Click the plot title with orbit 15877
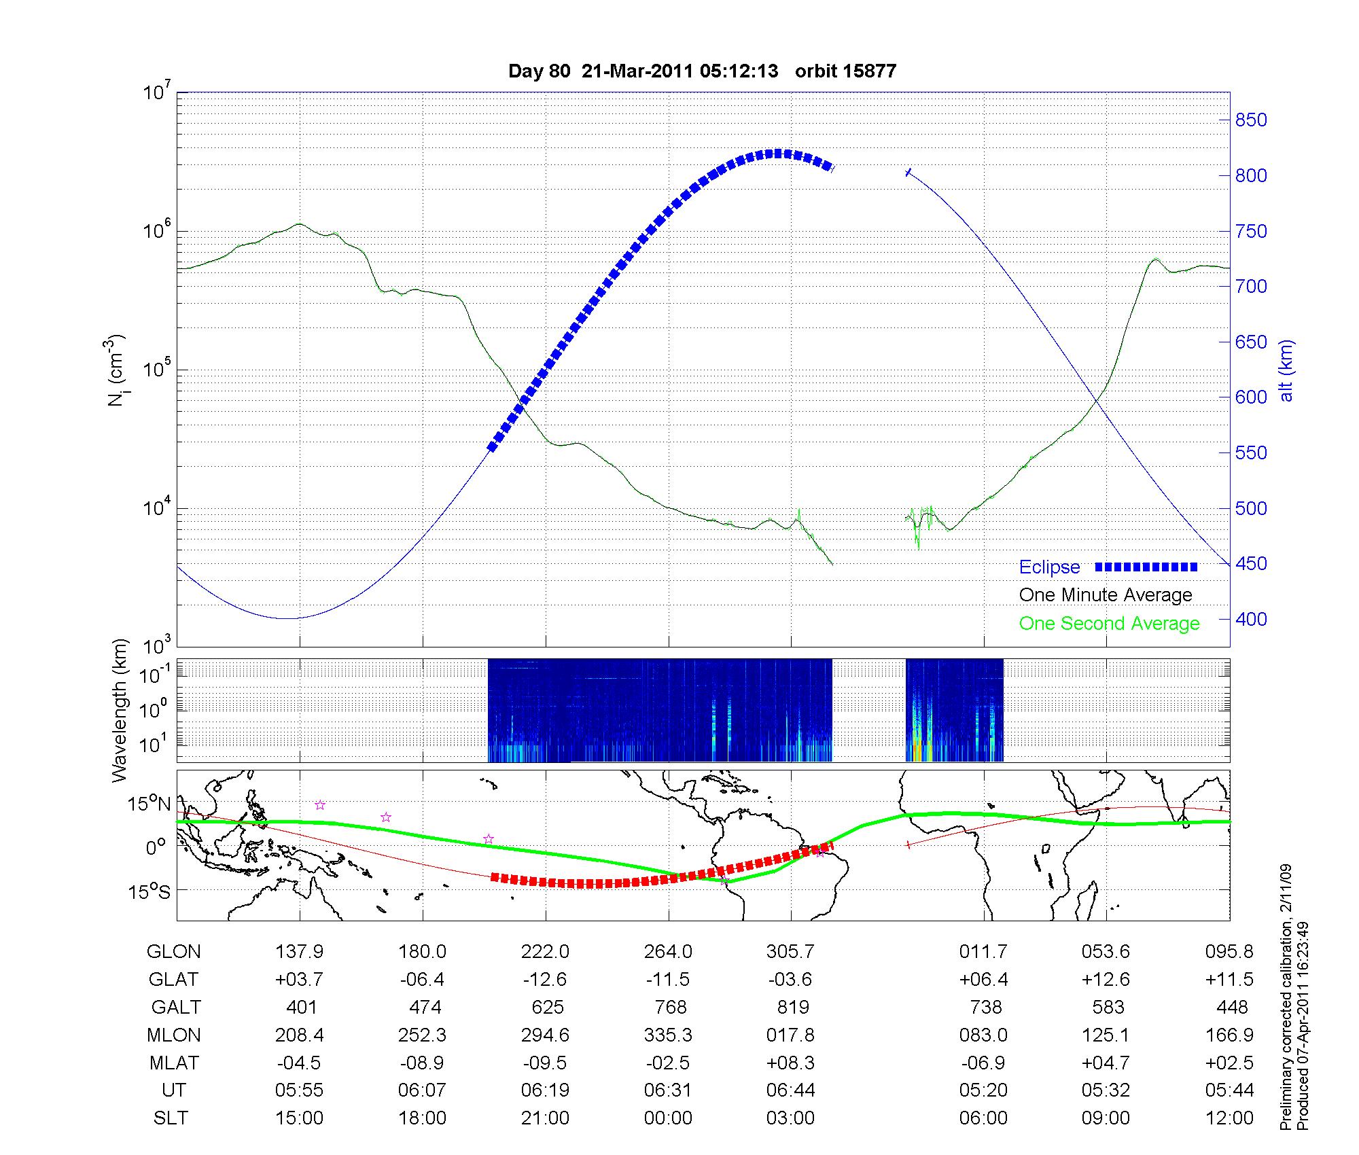coord(702,71)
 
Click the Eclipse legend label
coord(1049,567)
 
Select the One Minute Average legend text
coord(1106,595)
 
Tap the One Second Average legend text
coord(1109,624)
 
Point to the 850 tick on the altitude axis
coord(1251,120)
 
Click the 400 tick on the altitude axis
coord(1251,619)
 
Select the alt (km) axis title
coord(1286,370)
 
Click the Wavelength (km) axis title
coord(120,710)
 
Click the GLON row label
coord(174,951)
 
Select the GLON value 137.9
coord(299,951)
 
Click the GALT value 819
coord(792,1007)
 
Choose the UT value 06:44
coord(791,1090)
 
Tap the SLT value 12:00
coord(1230,1118)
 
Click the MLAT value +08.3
coord(791,1063)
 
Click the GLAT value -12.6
coord(545,979)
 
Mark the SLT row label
coord(171,1118)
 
